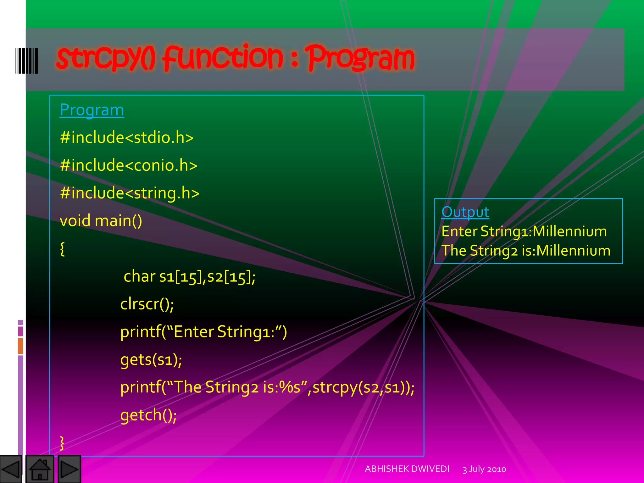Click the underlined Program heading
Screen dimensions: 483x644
92,110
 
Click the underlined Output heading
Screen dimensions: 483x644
465,212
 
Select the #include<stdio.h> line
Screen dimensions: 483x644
127,138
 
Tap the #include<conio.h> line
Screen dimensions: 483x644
129,165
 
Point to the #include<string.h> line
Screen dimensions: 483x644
130,193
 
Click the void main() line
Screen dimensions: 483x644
101,221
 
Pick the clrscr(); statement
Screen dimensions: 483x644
147,304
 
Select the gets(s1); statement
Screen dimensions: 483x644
151,359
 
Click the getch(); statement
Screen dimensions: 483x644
148,415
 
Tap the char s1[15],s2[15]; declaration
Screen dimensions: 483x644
189,277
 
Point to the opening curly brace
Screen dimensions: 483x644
62,249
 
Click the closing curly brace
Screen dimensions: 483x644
62,443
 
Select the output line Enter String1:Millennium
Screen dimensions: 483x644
524,231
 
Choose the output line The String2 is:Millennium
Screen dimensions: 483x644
526,251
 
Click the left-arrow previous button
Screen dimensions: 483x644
11,469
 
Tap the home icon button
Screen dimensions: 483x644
40,469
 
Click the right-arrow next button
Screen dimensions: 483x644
69,469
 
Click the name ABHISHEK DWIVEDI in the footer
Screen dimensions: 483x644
407,469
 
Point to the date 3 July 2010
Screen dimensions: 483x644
484,469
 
